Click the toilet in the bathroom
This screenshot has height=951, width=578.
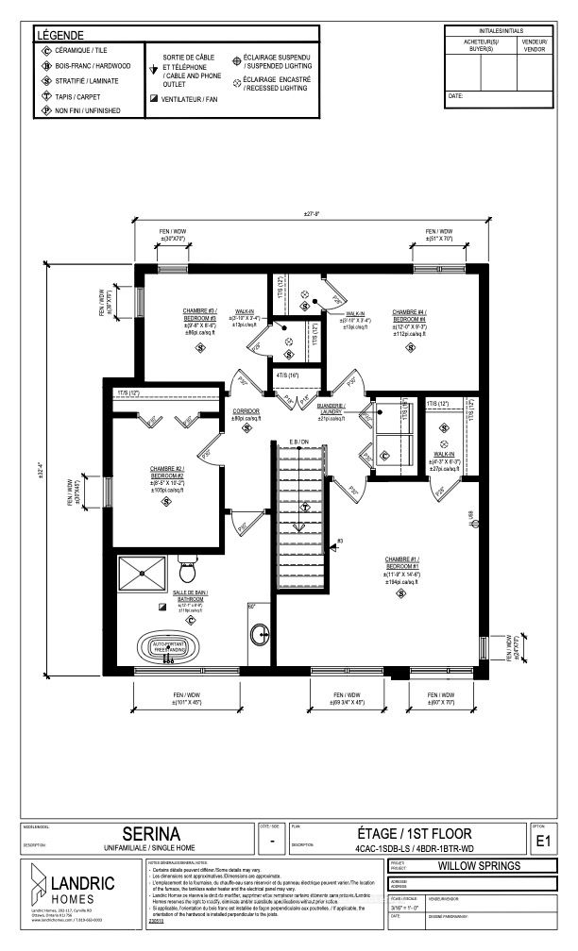tap(187, 571)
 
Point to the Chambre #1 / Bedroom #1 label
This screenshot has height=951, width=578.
tap(400, 560)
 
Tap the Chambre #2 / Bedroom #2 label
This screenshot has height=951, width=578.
tap(166, 472)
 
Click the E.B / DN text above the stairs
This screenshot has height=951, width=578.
tap(299, 442)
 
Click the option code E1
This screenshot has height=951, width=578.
tap(542, 841)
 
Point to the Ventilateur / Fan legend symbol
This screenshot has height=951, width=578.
tap(153, 98)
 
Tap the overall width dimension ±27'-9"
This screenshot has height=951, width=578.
tap(312, 214)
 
